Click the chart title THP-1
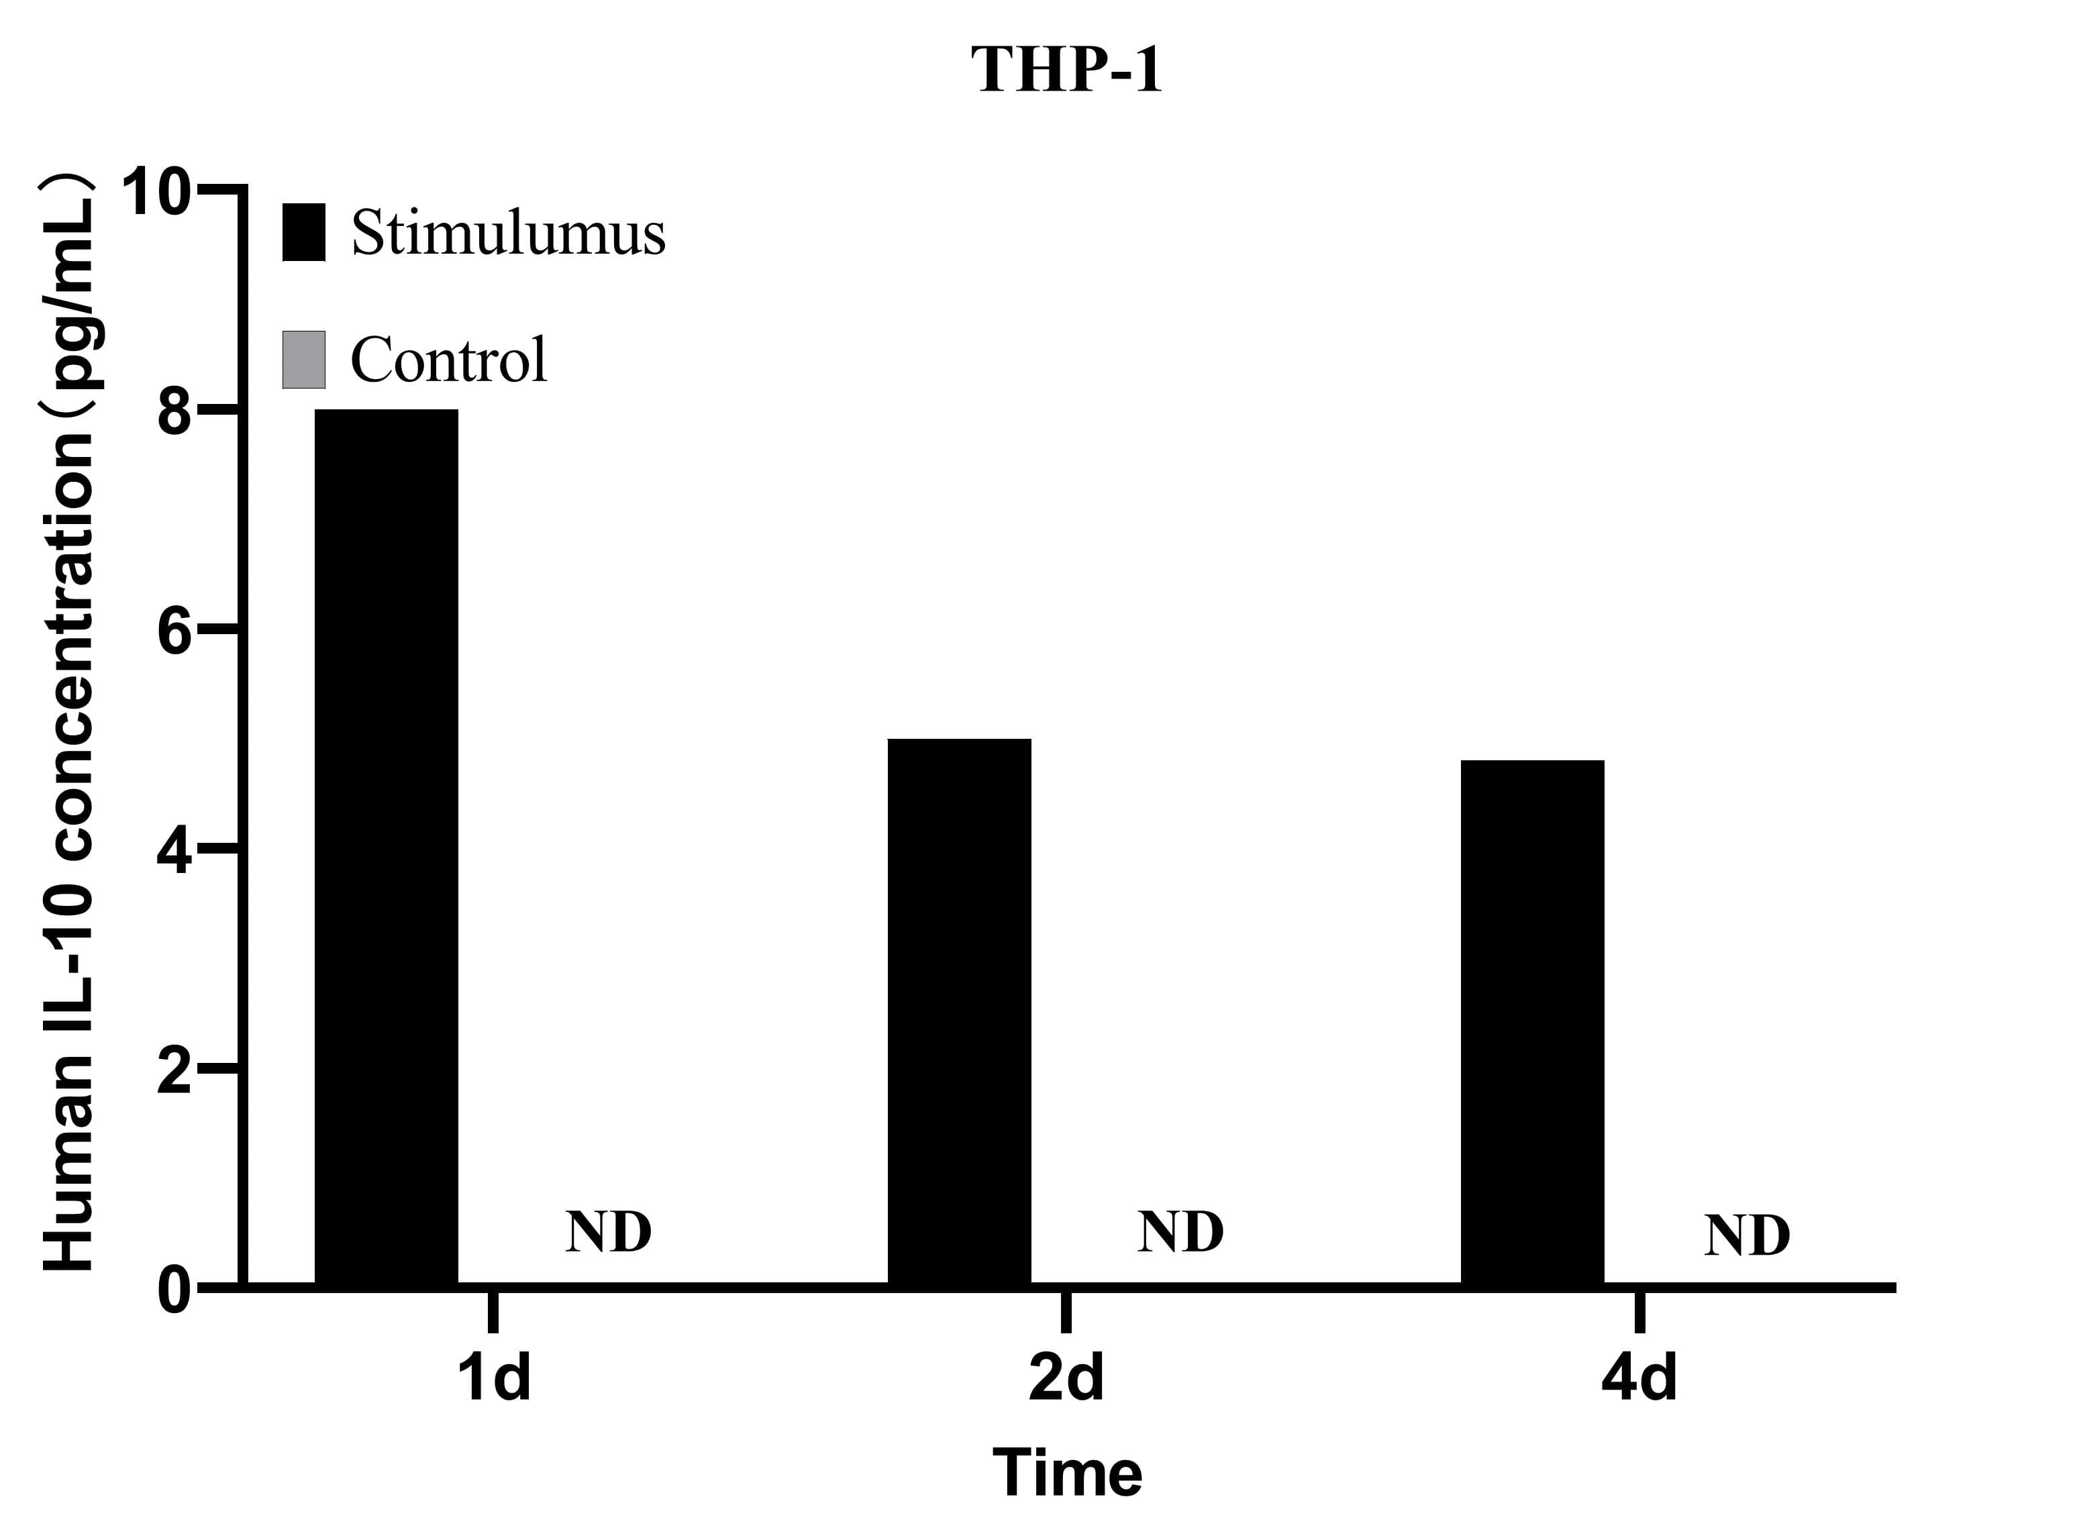pos(1067,70)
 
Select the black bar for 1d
pos(387,848)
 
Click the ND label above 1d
pos(608,1232)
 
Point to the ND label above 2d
pos(1180,1232)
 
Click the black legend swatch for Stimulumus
pos(303,232)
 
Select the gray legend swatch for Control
pos(303,360)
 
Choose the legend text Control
pos(449,360)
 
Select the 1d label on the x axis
pos(493,1378)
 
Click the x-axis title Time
pos(1067,1474)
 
